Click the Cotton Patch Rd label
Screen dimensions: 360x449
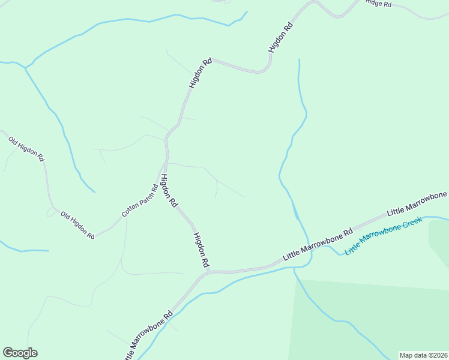click(x=140, y=200)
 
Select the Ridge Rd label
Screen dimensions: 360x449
click(x=378, y=4)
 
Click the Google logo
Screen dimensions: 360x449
click(x=20, y=353)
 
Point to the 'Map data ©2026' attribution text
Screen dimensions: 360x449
click(x=423, y=355)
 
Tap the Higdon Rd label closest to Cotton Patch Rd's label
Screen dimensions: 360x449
click(x=168, y=191)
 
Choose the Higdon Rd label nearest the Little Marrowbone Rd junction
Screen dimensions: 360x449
click(x=201, y=250)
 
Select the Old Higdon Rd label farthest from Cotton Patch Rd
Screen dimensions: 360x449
click(x=26, y=149)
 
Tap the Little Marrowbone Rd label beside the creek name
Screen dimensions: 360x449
click(x=317, y=244)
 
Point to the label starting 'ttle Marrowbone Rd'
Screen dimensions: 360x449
click(x=149, y=335)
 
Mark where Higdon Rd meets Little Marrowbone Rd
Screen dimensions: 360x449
click(x=208, y=272)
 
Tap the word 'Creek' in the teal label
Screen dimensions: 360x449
click(x=412, y=224)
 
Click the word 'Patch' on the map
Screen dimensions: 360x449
click(x=143, y=197)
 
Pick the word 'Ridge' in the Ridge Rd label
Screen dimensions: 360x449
click(x=374, y=3)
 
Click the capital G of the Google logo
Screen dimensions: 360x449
click(x=8, y=353)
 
